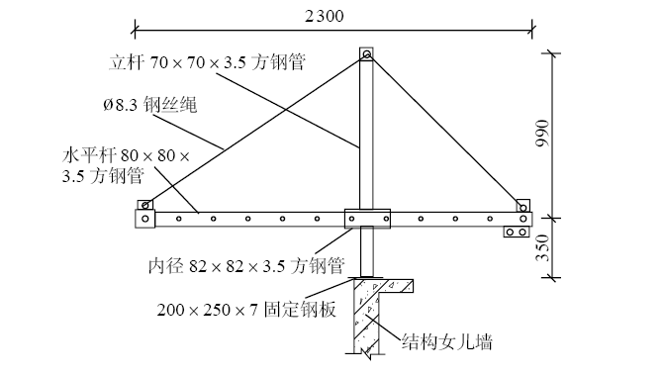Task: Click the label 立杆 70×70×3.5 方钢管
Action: (205, 61)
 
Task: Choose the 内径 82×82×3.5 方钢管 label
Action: (245, 265)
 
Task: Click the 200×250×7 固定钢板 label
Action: (246, 309)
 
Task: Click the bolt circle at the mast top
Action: (366, 55)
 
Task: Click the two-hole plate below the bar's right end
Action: (516, 233)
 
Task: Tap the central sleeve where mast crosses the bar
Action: (367, 218)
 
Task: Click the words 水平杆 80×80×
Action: (124, 156)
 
